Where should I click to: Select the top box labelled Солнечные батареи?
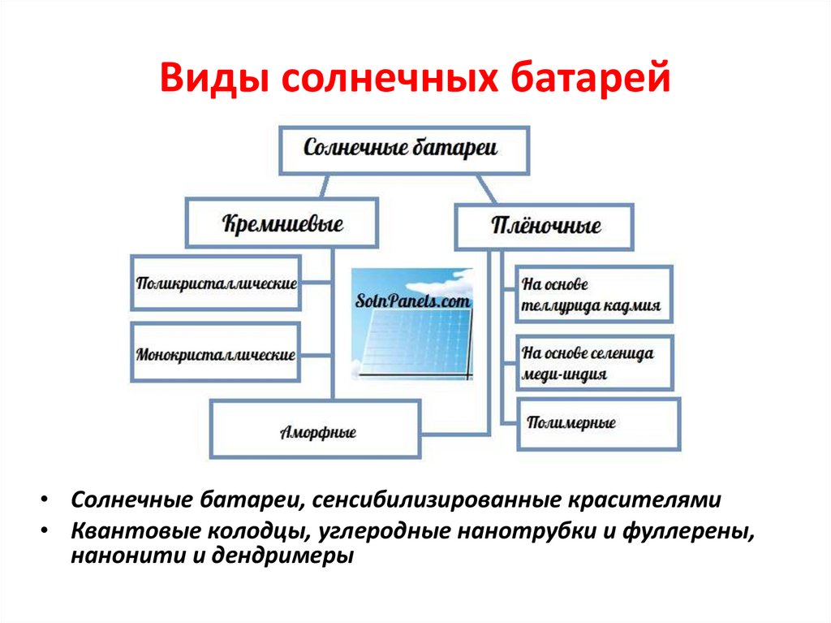point(403,149)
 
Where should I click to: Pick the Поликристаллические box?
point(216,283)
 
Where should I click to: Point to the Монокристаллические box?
point(216,354)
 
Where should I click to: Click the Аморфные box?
point(316,430)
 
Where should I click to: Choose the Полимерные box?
point(597,423)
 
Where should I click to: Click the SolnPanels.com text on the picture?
point(413,301)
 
